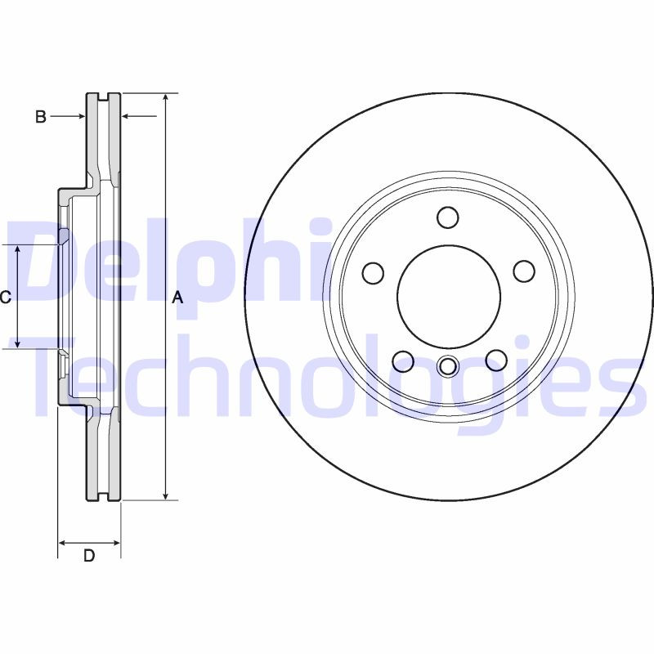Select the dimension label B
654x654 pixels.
tap(40, 117)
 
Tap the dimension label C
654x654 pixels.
tap(6, 298)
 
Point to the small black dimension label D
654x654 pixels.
tap(89, 556)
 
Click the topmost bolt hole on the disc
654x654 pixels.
tap(447, 217)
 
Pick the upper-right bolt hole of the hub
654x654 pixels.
tap(523, 271)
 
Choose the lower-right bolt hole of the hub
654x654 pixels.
tap(495, 359)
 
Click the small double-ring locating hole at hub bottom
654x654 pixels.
tap(447, 366)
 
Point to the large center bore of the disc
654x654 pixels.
tap(448, 295)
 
